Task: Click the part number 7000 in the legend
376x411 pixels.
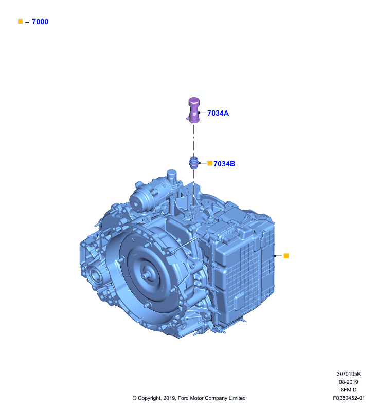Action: pos(40,22)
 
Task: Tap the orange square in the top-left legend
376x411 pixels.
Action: pos(21,21)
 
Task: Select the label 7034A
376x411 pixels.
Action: pos(218,113)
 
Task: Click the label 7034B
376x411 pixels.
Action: pos(224,164)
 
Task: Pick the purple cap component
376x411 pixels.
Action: pos(194,110)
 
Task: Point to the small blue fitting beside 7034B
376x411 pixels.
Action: pos(193,162)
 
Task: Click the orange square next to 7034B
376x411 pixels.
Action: pos(210,163)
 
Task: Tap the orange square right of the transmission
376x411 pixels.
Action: pos(286,256)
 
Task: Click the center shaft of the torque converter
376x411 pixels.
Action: pos(145,276)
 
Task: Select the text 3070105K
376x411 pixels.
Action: pos(349,374)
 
